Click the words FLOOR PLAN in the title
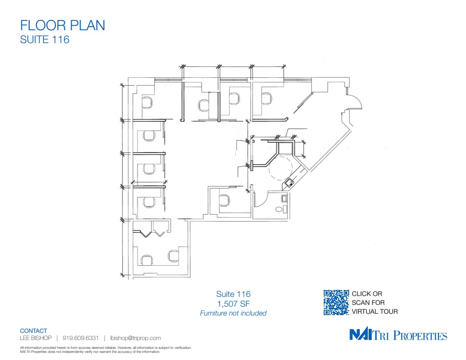pos(63,25)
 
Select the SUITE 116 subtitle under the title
pos(45,40)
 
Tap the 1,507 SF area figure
pos(233,304)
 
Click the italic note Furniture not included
pos(233,313)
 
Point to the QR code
pos(336,303)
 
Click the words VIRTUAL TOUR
pos(374,312)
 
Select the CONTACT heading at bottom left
pos(33,331)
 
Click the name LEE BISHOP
pos(36,338)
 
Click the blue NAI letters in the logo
pos(363,335)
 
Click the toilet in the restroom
pos(280,208)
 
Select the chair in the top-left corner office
pos(146,103)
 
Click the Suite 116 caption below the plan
pos(233,294)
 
